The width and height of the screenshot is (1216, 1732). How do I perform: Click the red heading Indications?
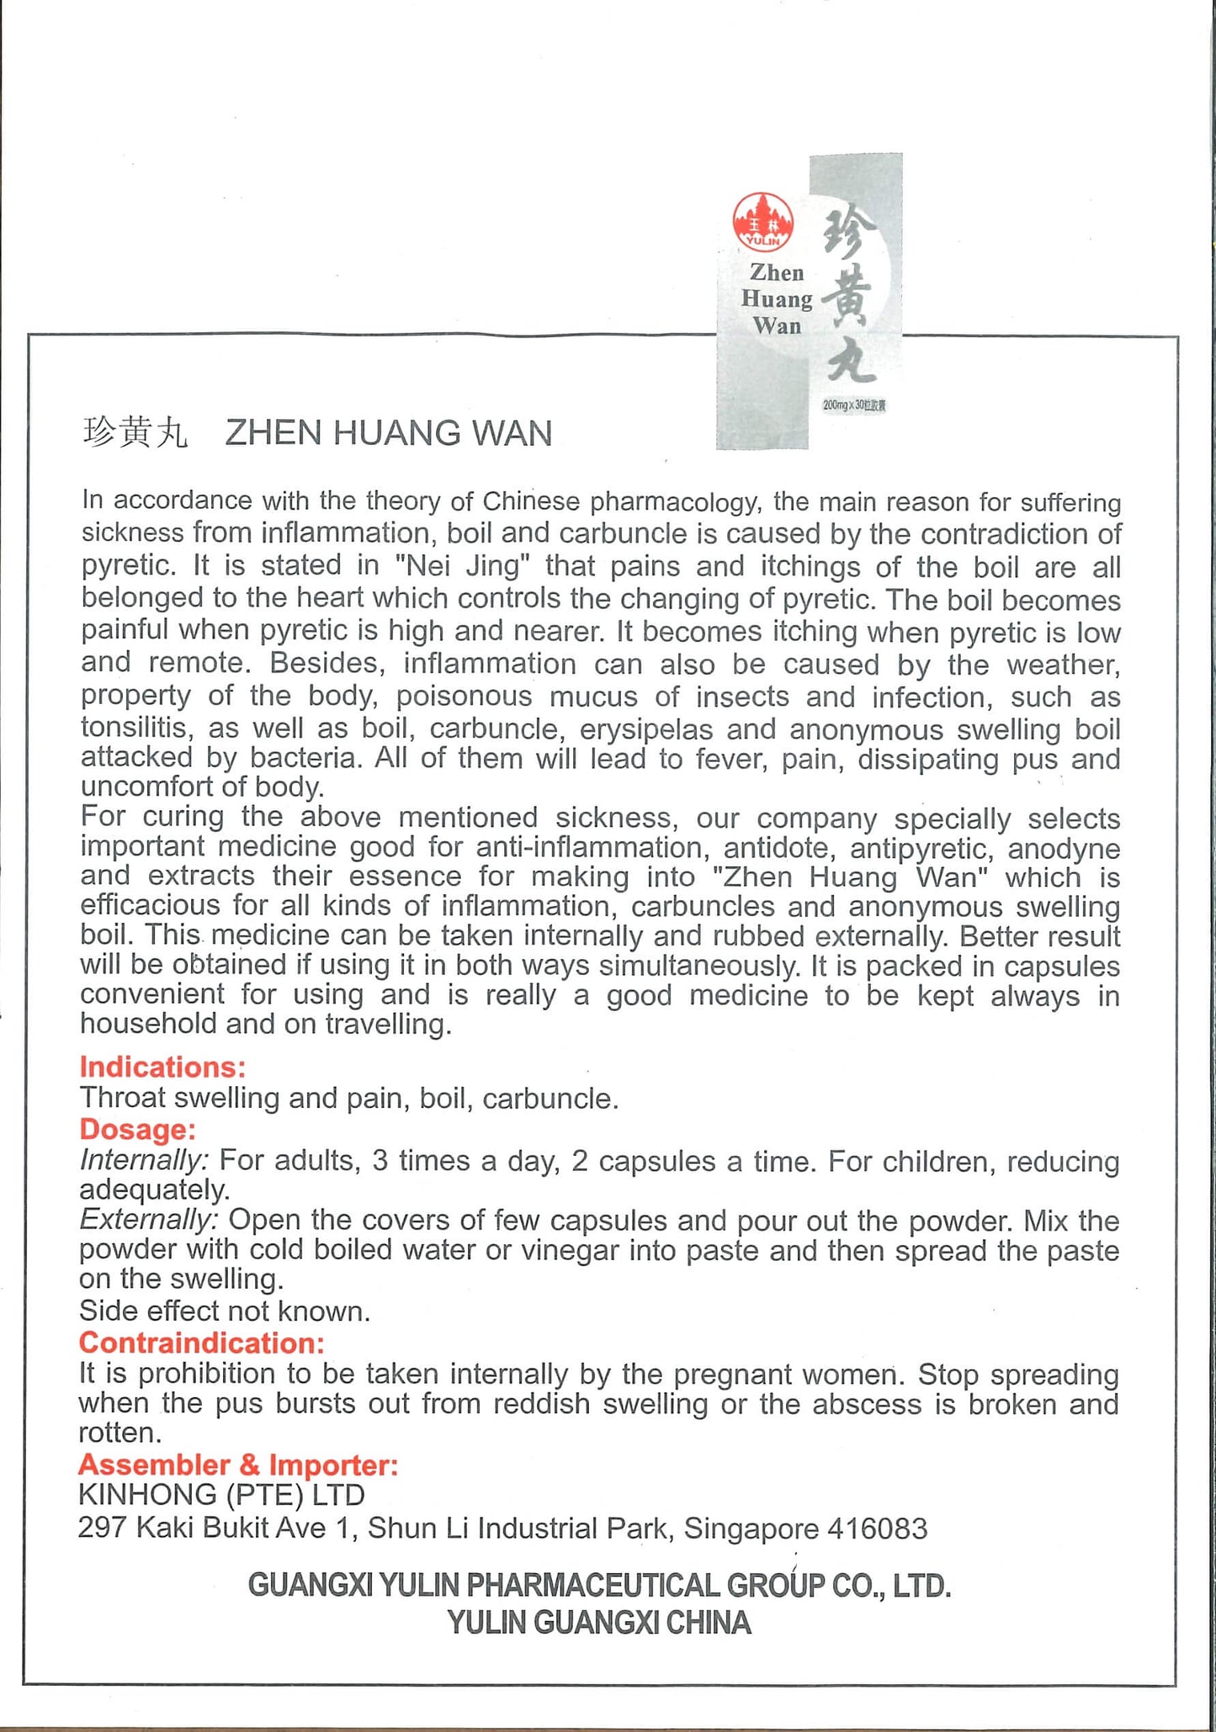pos(162,1067)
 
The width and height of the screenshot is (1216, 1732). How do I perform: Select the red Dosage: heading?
pos(137,1129)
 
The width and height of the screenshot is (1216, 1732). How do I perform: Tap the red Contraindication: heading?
pos(202,1343)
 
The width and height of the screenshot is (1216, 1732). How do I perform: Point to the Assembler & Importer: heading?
pos(238,1465)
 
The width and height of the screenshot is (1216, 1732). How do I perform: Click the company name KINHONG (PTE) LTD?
pos(221,1495)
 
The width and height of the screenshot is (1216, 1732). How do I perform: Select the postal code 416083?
pos(877,1528)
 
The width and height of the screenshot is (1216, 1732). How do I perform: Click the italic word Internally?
pos(143,1161)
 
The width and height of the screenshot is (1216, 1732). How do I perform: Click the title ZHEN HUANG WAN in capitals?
pos(389,433)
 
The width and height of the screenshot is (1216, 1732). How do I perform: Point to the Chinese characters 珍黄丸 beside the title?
pos(135,433)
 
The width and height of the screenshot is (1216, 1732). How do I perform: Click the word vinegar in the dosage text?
pos(571,1250)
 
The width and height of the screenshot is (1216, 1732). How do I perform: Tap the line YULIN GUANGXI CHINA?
pos(598,1622)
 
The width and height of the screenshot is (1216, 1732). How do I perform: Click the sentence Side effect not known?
pos(225,1311)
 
